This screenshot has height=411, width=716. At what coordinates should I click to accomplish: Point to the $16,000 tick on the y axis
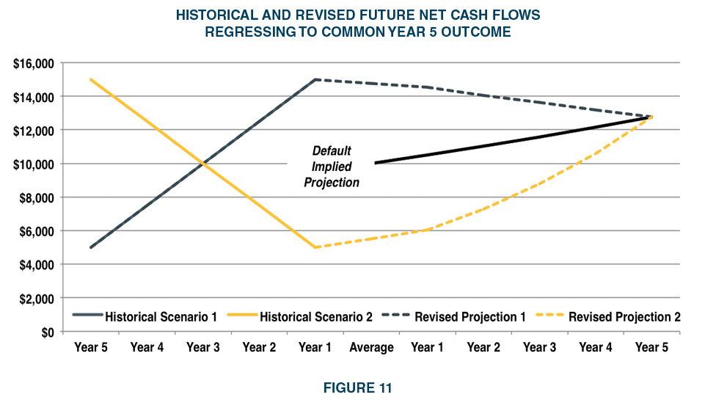(34, 64)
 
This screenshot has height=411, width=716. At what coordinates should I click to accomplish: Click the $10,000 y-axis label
(34, 164)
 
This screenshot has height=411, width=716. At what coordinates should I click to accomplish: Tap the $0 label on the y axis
(47, 332)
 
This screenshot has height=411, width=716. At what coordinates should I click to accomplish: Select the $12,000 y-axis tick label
(34, 131)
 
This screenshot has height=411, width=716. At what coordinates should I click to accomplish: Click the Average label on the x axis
(371, 348)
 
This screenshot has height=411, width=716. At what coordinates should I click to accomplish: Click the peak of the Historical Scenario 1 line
(315, 79)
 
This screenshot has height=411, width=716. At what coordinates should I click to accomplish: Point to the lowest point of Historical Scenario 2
(315, 247)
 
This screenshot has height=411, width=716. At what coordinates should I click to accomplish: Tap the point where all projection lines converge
(650, 116)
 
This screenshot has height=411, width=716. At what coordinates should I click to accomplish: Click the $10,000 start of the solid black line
(375, 163)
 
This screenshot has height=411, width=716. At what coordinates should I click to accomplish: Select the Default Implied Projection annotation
(332, 166)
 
